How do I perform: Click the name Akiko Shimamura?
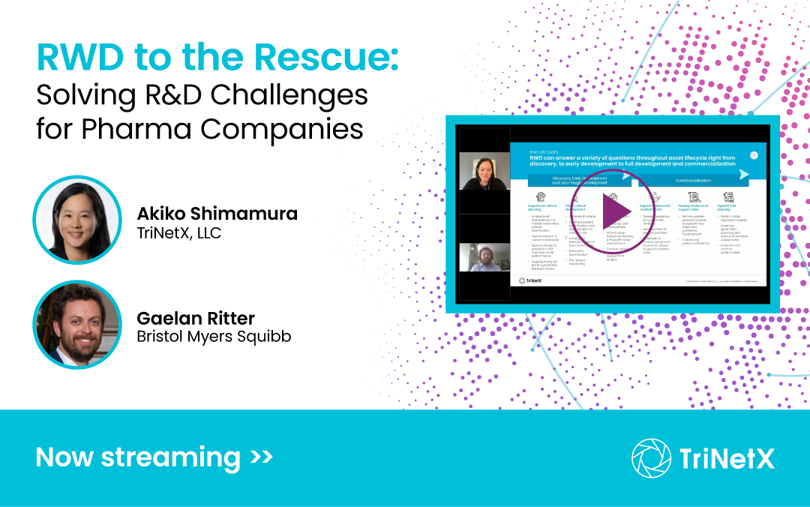tap(217, 214)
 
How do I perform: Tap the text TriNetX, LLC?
tap(179, 233)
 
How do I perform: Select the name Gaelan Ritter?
tap(196, 318)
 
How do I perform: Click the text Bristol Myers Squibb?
tap(214, 337)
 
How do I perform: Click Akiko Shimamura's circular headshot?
tap(77, 220)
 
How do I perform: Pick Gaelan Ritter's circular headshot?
tap(77, 324)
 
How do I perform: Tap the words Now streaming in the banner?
tap(138, 457)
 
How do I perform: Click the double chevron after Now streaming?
tap(261, 456)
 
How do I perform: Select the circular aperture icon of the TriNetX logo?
tap(651, 457)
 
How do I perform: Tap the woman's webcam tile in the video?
tap(484, 171)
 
